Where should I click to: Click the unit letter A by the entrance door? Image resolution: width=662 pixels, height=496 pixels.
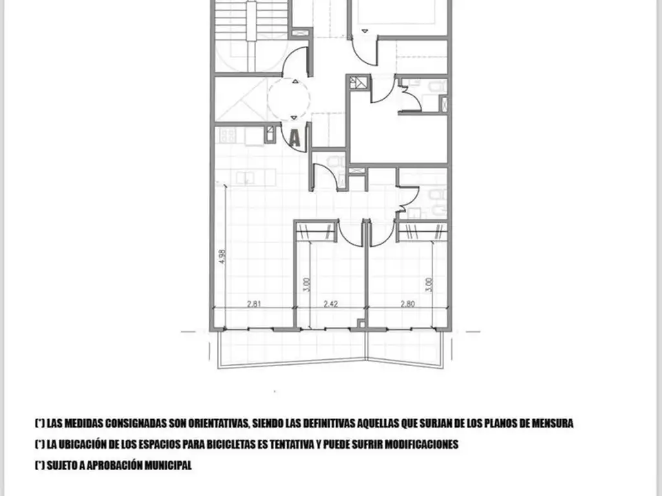pyautogui.click(x=295, y=138)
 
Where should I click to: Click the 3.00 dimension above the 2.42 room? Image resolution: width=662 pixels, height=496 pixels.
pyautogui.click(x=306, y=285)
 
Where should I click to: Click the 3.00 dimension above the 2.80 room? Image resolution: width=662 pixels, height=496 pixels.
pyautogui.click(x=428, y=285)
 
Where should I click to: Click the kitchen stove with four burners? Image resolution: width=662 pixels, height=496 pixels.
pyautogui.click(x=227, y=135)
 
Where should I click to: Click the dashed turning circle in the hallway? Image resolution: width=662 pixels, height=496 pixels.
pyautogui.click(x=288, y=99)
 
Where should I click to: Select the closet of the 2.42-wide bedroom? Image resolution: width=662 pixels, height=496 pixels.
pyautogui.click(x=317, y=231)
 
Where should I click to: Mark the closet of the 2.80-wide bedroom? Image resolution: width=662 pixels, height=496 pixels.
pyautogui.click(x=422, y=231)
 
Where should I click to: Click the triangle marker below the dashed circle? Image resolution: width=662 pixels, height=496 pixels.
pyautogui.click(x=294, y=117)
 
